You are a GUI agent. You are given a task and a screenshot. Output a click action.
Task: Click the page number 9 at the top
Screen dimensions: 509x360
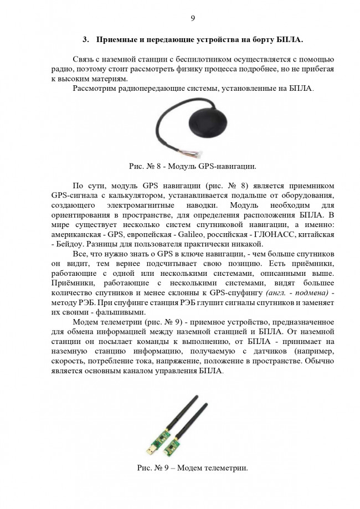tap(192, 18)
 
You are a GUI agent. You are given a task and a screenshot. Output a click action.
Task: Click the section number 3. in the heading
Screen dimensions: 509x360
tap(86, 40)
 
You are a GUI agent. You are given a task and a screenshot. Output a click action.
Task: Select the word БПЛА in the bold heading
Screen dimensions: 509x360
tap(291, 40)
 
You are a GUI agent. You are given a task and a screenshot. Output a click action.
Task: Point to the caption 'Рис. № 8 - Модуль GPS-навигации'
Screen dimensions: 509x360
tap(192, 166)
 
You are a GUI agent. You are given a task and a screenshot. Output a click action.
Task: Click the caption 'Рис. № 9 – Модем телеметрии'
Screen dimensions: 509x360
tap(192, 467)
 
